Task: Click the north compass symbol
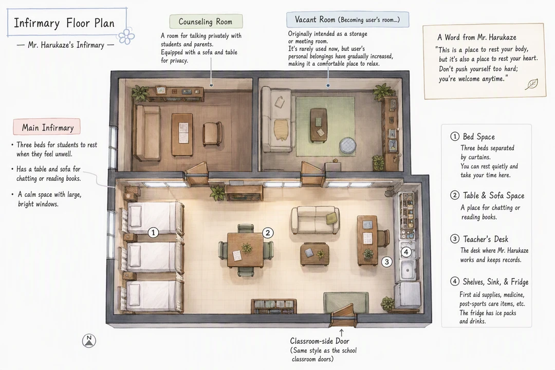coord(89,341)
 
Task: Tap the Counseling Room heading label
coord(206,22)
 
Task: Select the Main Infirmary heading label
coord(47,127)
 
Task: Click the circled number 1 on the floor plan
coord(153,233)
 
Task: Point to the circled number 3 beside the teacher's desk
coord(387,262)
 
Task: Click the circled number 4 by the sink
coord(406,252)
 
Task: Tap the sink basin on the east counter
coord(408,270)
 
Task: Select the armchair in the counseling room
coord(212,134)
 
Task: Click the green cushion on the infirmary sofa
coord(331,217)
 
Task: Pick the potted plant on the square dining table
coord(247,248)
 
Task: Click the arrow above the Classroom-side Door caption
coord(341,332)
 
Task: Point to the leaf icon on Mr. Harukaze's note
coord(531,84)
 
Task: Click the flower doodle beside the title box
coord(126,36)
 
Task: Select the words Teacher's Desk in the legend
coord(486,239)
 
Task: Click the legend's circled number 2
coord(454,195)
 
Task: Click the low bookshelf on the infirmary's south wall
coord(273,306)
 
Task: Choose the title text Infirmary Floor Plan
coord(64,23)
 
